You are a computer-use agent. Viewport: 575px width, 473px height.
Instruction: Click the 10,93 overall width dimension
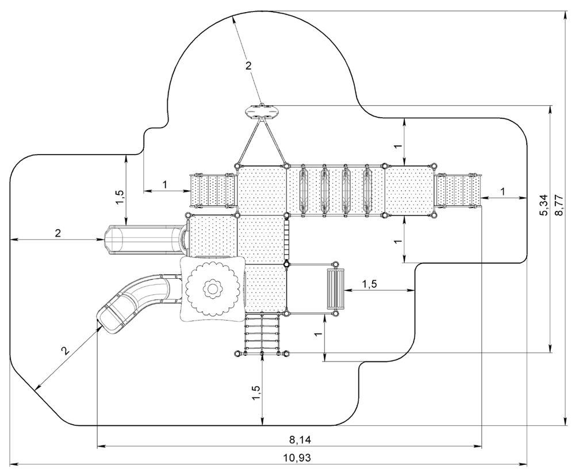click(297, 457)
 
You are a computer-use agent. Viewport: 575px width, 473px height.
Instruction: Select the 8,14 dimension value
click(300, 440)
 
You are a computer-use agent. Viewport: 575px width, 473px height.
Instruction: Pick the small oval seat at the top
click(262, 111)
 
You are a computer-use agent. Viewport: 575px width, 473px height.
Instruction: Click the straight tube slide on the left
click(145, 240)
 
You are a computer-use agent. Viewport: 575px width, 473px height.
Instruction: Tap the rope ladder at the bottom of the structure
click(262, 334)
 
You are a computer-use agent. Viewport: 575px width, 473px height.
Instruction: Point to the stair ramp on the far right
click(458, 191)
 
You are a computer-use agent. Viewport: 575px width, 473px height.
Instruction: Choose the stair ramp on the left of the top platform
click(213, 191)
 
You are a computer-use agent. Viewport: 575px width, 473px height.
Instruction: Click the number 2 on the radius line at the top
click(248, 66)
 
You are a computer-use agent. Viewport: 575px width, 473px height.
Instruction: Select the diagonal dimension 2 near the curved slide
click(65, 351)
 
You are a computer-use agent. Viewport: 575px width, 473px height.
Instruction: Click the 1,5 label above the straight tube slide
click(120, 198)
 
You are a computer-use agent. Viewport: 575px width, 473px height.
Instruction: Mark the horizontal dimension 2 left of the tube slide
click(58, 233)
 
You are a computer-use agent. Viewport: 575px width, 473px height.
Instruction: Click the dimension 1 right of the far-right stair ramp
click(503, 191)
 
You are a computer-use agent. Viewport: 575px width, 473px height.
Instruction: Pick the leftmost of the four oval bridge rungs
click(303, 190)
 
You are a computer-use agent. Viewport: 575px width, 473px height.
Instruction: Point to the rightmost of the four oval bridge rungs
click(367, 190)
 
